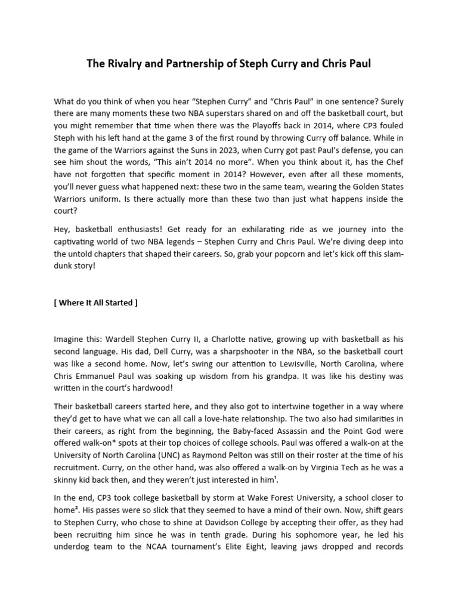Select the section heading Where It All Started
click(95, 303)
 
